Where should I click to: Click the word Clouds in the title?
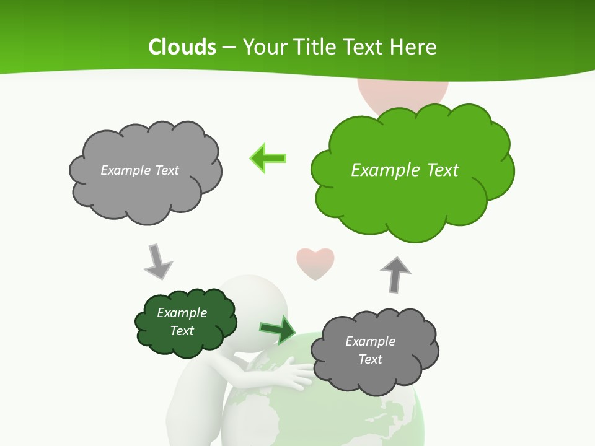(182, 47)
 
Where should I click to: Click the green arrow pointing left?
(268, 158)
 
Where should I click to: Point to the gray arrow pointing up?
(395, 274)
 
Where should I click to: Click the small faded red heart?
(315, 263)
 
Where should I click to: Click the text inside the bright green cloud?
(405, 170)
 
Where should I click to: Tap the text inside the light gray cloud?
(139, 170)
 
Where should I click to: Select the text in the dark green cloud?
(182, 321)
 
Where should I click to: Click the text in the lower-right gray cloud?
(370, 350)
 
